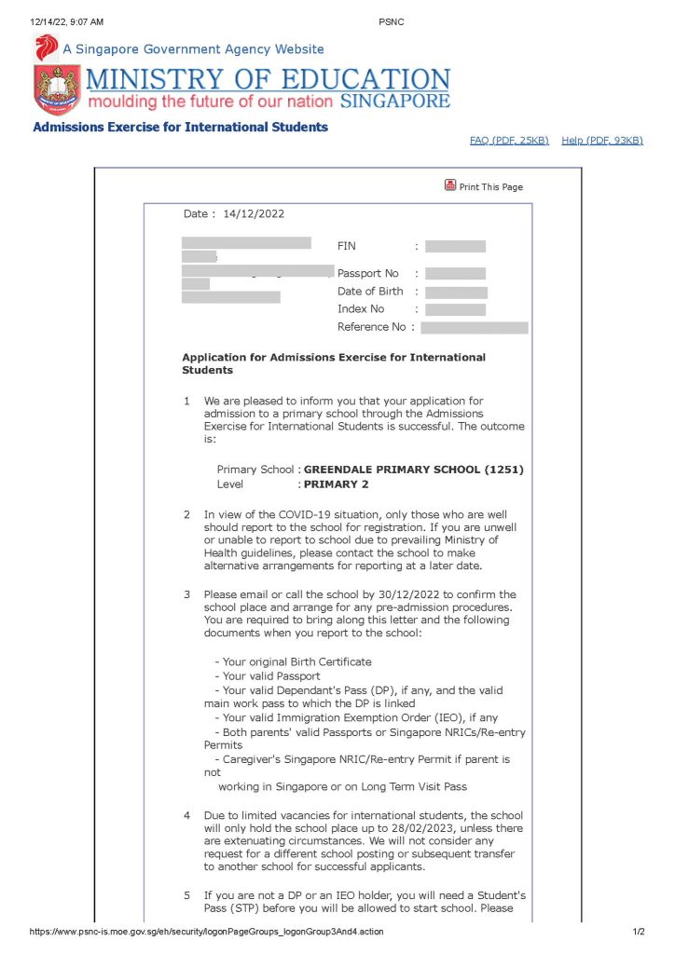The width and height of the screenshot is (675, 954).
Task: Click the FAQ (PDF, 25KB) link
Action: [509, 140]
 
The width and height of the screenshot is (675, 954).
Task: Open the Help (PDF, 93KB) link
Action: [602, 140]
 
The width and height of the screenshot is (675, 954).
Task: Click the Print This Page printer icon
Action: [450, 185]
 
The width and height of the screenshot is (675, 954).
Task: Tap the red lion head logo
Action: [46, 48]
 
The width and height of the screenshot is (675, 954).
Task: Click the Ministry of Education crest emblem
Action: [57, 90]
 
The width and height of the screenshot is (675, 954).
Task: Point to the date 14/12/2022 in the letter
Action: [254, 213]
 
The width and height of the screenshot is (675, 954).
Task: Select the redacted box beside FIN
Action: [455, 247]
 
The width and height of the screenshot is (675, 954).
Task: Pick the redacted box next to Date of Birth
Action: [456, 292]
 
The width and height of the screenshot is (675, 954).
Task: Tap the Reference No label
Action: [371, 327]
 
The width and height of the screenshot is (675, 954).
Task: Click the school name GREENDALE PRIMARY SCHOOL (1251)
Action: [413, 470]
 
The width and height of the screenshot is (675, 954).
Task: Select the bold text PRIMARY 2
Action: [337, 484]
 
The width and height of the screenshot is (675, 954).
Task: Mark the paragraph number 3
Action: [186, 594]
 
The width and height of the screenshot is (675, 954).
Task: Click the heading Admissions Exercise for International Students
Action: [180, 127]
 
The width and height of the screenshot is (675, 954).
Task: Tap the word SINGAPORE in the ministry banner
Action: [395, 101]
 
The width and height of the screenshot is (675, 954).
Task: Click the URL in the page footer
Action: [206, 932]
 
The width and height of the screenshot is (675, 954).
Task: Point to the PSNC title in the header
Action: [392, 21]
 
